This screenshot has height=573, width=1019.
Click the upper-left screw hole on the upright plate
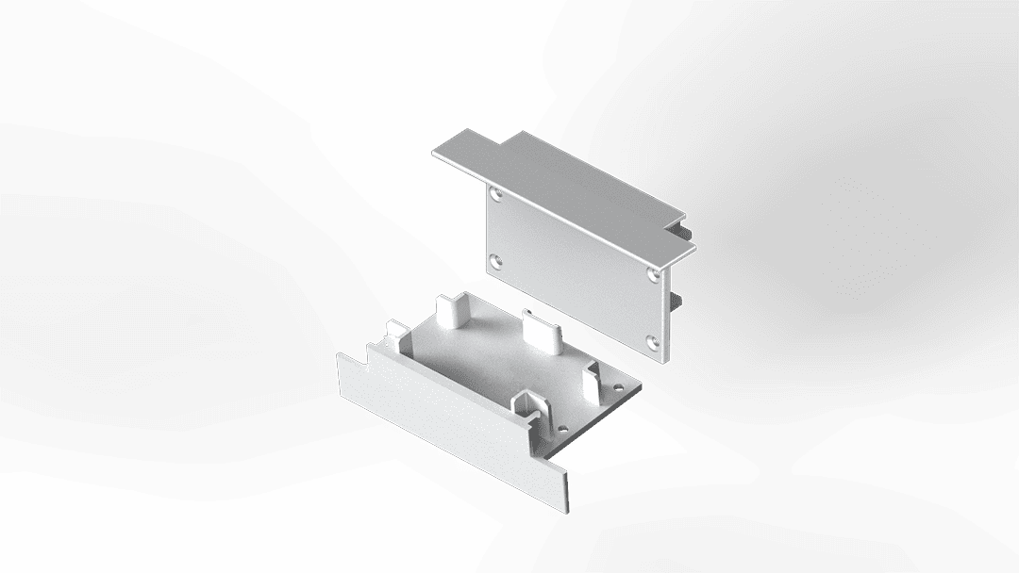pos(496,195)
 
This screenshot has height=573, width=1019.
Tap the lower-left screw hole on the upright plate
pos(496,260)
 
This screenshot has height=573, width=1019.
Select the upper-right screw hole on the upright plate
pos(654,274)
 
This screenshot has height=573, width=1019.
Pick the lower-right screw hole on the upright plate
pos(653,340)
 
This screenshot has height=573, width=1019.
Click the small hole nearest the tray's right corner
pos(618,386)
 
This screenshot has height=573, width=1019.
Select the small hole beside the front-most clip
pos(562,429)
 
